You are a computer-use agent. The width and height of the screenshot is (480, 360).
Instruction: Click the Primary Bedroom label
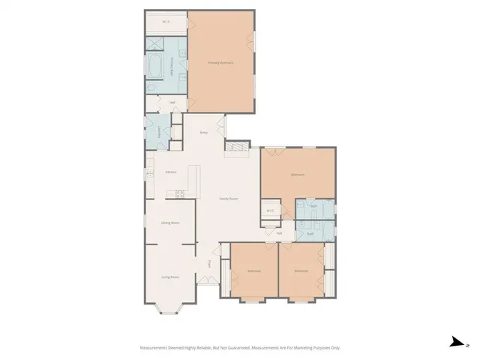[220, 63]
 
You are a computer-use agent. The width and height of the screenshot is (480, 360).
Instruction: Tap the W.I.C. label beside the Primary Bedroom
[166, 22]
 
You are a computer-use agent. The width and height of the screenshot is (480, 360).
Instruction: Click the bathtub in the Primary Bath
[157, 66]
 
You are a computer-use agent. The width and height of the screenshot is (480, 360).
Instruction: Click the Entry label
[203, 133]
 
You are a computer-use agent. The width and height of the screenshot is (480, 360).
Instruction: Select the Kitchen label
[170, 172]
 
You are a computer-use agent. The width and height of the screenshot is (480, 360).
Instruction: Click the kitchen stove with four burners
[179, 195]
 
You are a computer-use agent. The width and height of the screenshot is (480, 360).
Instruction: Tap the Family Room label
[228, 198]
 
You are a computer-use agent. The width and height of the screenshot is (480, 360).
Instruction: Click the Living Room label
[169, 277]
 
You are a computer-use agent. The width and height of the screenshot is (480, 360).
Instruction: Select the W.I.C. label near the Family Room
[270, 211]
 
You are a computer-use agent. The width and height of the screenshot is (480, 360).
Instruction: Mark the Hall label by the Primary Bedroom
[172, 103]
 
